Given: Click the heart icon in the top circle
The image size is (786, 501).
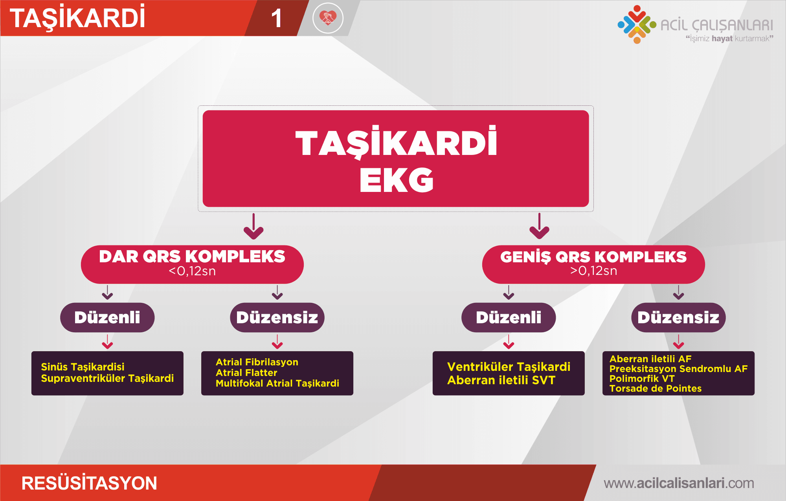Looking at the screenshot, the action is click(x=328, y=17).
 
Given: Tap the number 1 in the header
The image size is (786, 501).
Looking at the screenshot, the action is click(x=277, y=18).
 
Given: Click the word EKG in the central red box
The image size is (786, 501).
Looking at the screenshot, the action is click(x=396, y=180).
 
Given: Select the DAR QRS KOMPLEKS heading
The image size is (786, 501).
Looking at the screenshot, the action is click(x=192, y=256).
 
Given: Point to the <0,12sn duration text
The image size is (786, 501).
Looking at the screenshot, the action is click(x=192, y=271).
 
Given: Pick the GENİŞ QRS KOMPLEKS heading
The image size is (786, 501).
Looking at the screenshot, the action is click(x=593, y=256).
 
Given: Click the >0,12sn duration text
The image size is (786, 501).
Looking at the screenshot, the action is click(x=593, y=271).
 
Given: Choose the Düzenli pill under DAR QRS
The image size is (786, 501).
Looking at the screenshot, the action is click(x=107, y=317).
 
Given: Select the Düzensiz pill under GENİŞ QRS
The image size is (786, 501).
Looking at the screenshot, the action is click(x=678, y=317).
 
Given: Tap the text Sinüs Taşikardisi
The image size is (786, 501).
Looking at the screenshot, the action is click(x=83, y=367).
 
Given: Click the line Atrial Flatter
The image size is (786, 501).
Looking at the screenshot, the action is click(x=246, y=372).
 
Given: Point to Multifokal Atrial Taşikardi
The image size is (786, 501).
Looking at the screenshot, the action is click(x=277, y=383).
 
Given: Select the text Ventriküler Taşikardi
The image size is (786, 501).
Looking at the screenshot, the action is click(x=509, y=367).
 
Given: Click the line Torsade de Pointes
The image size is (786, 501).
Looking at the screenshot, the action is click(x=656, y=389).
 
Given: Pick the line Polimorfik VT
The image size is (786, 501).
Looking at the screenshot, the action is click(x=642, y=379).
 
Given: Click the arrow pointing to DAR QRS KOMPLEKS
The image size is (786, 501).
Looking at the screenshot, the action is click(x=253, y=226).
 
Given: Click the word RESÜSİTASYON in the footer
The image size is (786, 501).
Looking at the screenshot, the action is click(x=89, y=483).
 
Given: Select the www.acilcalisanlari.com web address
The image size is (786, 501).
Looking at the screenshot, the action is click(x=679, y=483).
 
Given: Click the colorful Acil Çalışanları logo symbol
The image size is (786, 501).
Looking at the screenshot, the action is click(x=637, y=24).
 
